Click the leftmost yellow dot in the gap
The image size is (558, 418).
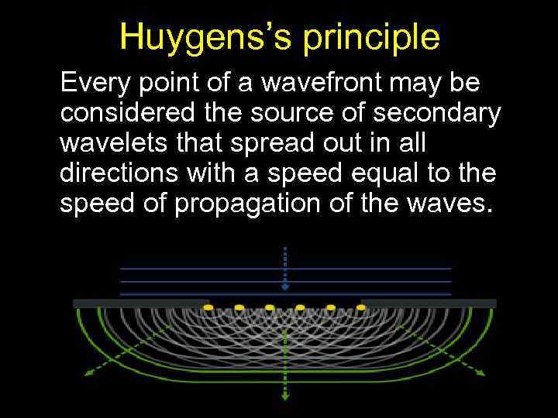[208, 308]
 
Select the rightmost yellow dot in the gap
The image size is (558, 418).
[361, 308]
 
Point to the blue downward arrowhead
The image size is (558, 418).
[285, 286]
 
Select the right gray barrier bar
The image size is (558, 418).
[429, 303]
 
